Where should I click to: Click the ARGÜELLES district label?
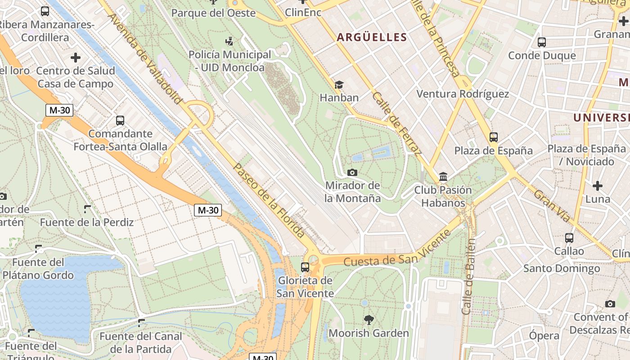click(x=372, y=37)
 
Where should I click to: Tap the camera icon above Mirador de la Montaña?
click(x=352, y=172)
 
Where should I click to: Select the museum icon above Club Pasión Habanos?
click(x=443, y=176)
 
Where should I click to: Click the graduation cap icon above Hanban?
click(x=339, y=85)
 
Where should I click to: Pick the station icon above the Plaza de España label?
click(x=494, y=137)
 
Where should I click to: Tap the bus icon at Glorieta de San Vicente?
click(x=305, y=267)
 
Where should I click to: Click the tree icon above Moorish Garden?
click(x=369, y=320)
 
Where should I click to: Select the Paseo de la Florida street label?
click(x=269, y=200)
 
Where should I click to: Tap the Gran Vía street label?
click(x=552, y=205)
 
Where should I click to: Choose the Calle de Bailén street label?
click(x=468, y=277)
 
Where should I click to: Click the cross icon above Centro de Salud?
click(x=76, y=58)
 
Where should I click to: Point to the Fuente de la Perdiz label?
click(x=87, y=222)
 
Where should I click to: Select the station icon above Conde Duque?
click(x=542, y=42)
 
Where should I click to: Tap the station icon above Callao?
click(x=569, y=238)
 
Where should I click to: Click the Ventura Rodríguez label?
click(x=463, y=94)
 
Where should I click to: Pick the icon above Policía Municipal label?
click(x=229, y=41)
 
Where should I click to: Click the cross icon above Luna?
click(x=598, y=185)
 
